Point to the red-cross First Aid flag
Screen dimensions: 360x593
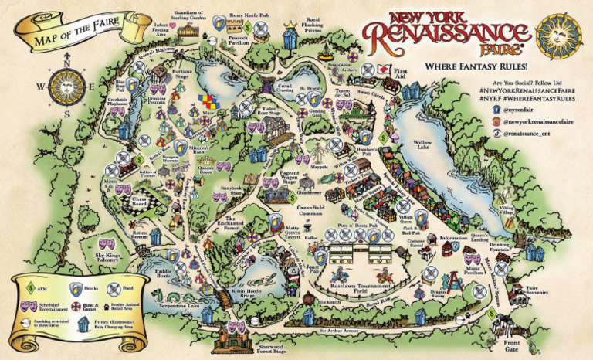tap(381, 69)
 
